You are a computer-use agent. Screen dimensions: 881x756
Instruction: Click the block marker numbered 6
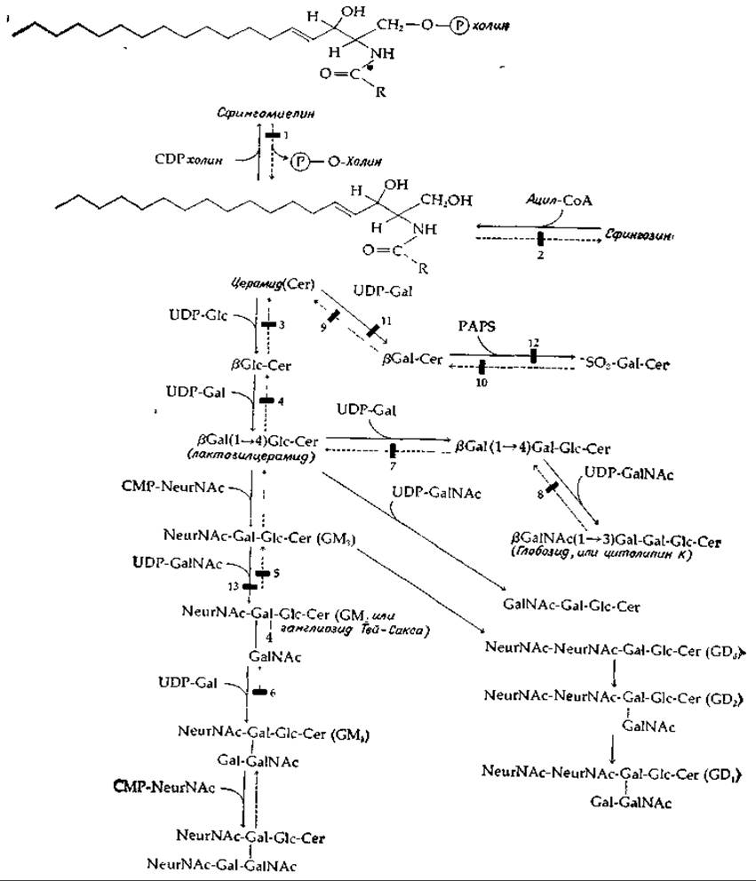(259, 692)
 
